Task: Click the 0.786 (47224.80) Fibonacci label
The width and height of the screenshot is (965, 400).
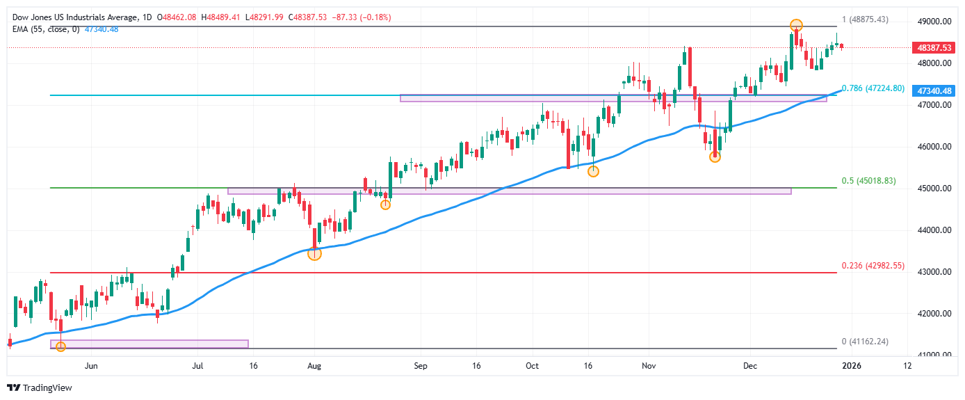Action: (x=873, y=88)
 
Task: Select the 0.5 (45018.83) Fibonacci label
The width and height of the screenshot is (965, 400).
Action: (x=873, y=181)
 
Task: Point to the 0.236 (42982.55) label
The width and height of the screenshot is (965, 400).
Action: (x=873, y=266)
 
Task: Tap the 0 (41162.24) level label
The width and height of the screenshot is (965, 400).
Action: (x=865, y=342)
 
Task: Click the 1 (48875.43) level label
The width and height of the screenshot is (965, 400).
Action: (x=865, y=19)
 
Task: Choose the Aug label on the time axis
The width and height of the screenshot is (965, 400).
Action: (x=314, y=365)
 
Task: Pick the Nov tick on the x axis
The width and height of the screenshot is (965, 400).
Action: (x=649, y=365)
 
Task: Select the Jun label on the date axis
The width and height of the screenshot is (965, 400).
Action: (x=90, y=365)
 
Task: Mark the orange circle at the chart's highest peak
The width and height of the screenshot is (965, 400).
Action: (x=796, y=26)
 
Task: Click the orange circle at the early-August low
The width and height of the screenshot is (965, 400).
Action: (x=314, y=253)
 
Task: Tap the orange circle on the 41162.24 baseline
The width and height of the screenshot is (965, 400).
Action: (x=60, y=346)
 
